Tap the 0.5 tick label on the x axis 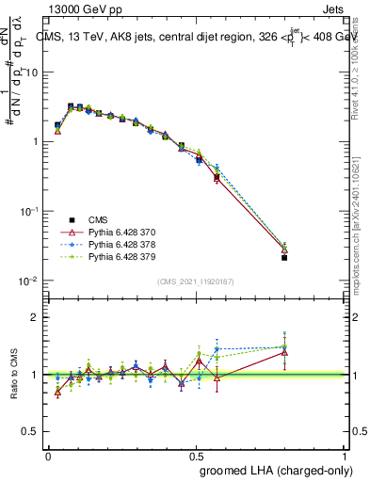pos(196,455)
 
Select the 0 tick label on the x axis pos(48,455)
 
